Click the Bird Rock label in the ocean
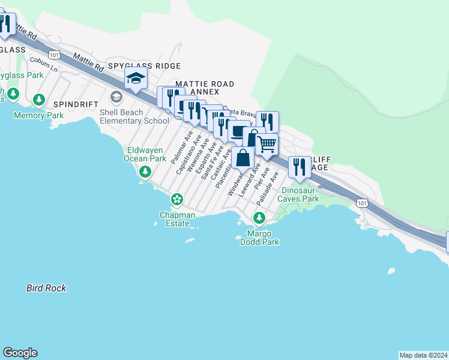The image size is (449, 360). (46, 288)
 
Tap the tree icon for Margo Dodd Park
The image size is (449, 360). (259, 217)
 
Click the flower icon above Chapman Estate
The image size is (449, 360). (177, 199)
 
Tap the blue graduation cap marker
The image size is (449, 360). (136, 78)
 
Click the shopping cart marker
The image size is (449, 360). (267, 144)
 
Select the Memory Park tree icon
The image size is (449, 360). (40, 100)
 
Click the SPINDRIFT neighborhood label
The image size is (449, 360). (76, 104)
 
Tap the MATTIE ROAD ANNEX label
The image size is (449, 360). (204, 88)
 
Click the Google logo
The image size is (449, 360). (20, 353)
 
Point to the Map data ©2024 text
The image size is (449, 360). (423, 355)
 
